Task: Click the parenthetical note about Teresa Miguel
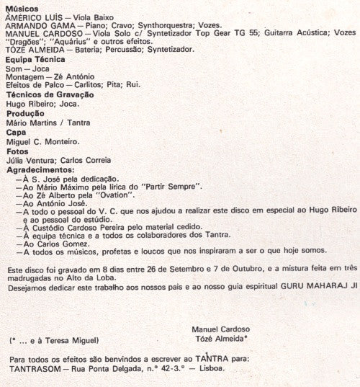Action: click(53, 339)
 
